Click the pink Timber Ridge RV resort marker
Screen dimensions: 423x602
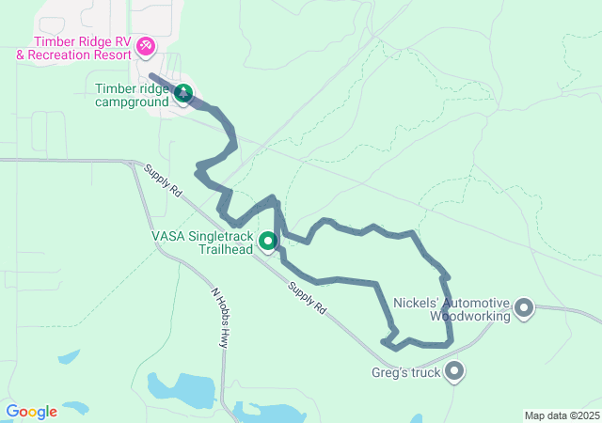pyautogui.click(x=146, y=45)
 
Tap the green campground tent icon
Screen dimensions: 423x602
pyautogui.click(x=183, y=93)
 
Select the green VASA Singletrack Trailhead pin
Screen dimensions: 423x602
pyautogui.click(x=268, y=243)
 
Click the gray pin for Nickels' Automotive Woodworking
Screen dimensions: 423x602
pyautogui.click(x=524, y=307)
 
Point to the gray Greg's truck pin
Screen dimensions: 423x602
pyautogui.click(x=455, y=372)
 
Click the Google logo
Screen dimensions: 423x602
pyautogui.click(x=33, y=412)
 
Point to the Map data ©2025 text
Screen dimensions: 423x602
pyautogui.click(x=561, y=415)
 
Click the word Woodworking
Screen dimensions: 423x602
pyautogui.click(x=469, y=316)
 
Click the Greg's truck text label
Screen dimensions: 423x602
pyautogui.click(x=406, y=373)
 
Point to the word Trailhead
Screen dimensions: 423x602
pyautogui.click(x=227, y=250)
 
